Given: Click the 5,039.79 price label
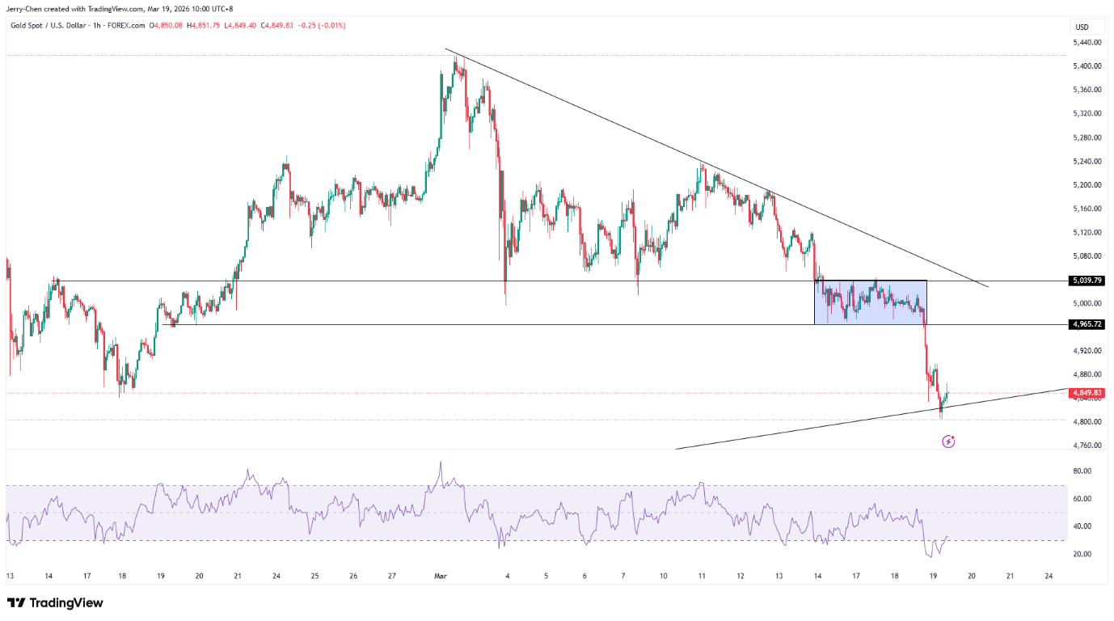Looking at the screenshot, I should (1087, 281).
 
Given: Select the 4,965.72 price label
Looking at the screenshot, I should (1087, 324).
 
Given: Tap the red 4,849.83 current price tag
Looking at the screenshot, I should (1087, 393).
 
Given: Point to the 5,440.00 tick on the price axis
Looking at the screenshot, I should (1087, 42).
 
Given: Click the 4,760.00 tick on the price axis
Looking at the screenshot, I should (1087, 446).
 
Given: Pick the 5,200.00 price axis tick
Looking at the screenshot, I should (1087, 185).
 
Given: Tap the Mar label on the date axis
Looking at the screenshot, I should (441, 577).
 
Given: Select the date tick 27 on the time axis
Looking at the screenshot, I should (392, 577).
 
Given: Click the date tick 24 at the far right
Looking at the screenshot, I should (1049, 577).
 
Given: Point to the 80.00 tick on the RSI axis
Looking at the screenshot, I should (1082, 471).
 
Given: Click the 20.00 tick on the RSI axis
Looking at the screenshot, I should (1082, 554).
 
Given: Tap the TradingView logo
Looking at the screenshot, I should (55, 603).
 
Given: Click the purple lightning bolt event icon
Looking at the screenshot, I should (949, 441).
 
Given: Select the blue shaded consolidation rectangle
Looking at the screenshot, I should (870, 302).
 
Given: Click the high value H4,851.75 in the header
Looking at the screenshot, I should (203, 25).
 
